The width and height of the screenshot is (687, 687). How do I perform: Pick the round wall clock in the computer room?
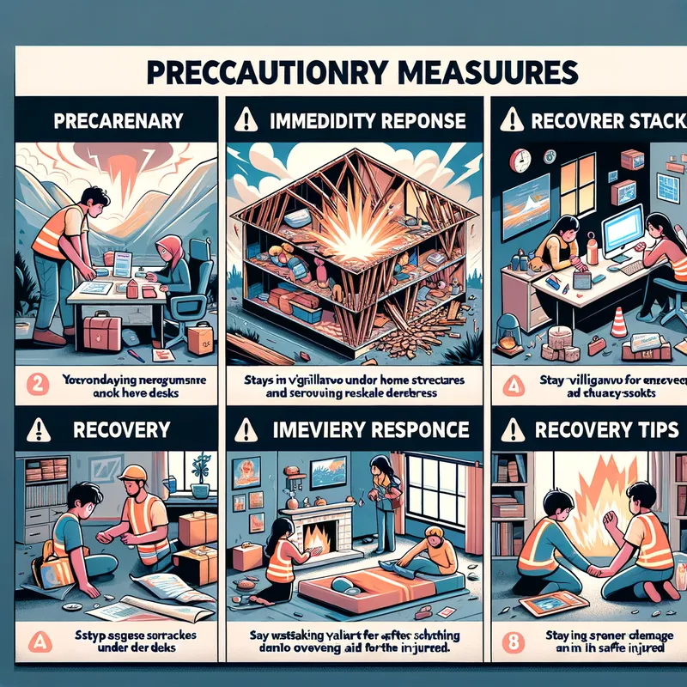521,160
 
